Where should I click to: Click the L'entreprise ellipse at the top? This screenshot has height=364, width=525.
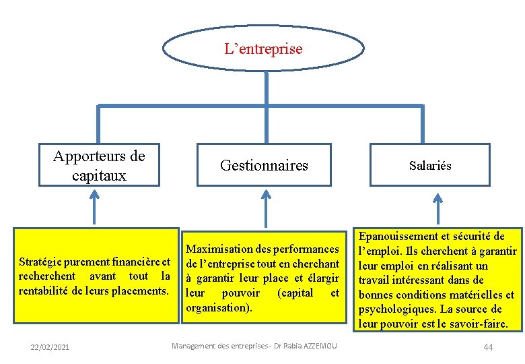point(264,49)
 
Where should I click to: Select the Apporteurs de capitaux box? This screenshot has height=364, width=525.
point(100,165)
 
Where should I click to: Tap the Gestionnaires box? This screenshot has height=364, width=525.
point(264,165)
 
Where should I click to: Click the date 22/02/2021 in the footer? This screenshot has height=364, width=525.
point(51,347)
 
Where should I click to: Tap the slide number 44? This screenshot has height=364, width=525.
point(489,346)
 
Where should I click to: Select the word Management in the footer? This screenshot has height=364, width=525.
point(195,346)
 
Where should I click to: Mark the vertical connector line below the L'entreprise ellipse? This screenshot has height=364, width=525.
point(265,86)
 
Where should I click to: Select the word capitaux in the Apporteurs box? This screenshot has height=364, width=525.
point(99,176)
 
